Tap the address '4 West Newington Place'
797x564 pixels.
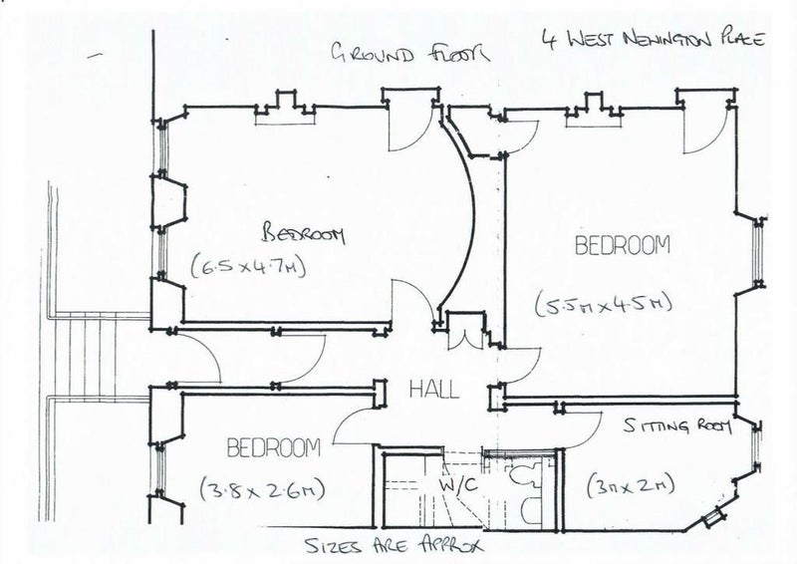[x=652, y=43]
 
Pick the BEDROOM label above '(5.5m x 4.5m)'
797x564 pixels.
[x=623, y=244]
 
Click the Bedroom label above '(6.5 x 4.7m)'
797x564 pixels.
[x=303, y=234]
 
